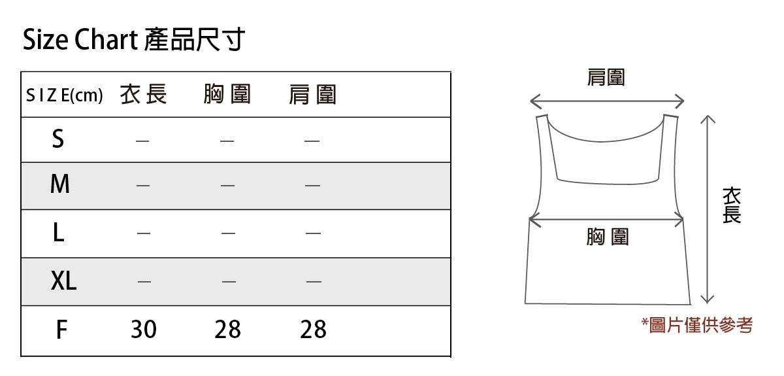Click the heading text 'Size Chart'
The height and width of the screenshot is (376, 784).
click(78, 41)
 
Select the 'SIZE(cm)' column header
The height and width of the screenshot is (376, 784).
click(64, 95)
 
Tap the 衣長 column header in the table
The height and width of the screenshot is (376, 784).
click(144, 95)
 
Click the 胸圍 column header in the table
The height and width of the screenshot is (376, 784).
click(227, 95)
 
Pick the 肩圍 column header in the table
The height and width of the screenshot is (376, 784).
click(312, 95)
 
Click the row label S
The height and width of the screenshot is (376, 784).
click(58, 139)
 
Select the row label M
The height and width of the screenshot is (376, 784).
click(59, 185)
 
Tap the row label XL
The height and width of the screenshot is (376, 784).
click(63, 281)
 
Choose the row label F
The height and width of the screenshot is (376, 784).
click(61, 330)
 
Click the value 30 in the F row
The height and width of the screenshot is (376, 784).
click(144, 330)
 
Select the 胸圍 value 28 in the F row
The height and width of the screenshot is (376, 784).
click(227, 330)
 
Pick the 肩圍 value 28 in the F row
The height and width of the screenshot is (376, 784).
click(313, 330)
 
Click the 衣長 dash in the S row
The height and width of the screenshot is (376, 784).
click(142, 140)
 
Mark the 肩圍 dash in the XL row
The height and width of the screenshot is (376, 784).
click(314, 282)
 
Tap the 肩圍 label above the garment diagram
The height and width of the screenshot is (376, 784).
click(606, 78)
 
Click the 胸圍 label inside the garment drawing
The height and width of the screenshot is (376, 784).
click(607, 237)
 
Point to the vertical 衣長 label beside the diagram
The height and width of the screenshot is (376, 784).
click(732, 205)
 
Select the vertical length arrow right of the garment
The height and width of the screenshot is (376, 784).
click(707, 209)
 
